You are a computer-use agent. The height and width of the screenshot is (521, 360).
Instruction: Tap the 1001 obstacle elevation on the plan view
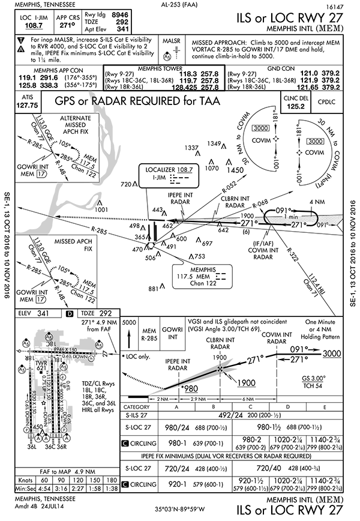tap(101, 209)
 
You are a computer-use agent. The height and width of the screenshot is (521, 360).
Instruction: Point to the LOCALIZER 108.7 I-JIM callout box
tap(166, 175)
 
